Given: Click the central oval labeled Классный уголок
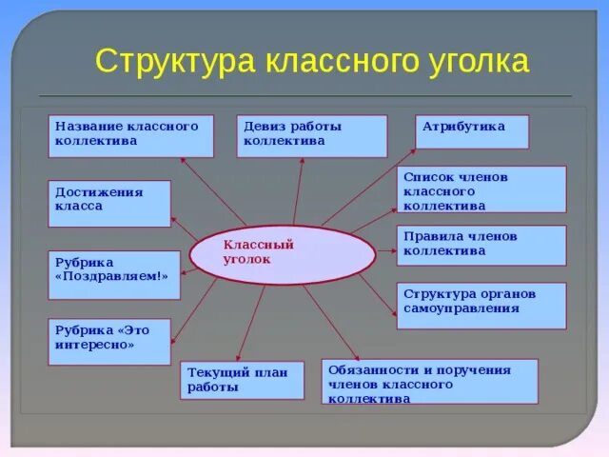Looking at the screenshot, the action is (282, 255).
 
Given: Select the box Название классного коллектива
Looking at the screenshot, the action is (130, 136).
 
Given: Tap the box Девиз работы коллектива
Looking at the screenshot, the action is (311, 136).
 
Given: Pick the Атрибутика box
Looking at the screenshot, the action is (472, 131).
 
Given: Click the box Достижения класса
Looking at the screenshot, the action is (109, 203).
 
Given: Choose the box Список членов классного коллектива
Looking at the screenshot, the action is (481, 189).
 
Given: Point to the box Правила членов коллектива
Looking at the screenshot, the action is (481, 245).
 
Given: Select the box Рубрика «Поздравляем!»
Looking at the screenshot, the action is (113, 274).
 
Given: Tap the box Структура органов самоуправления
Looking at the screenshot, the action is (481, 305).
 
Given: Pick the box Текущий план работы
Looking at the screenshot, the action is (242, 379).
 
